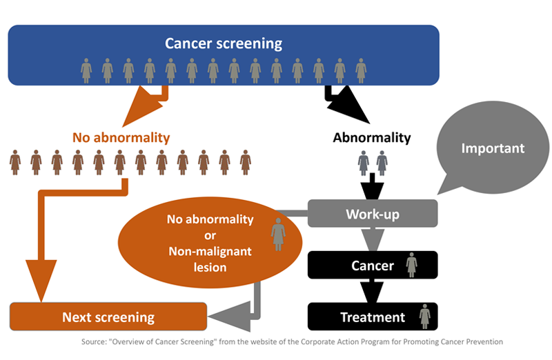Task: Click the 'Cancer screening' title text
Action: pyautogui.click(x=224, y=43)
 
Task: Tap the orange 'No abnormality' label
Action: pyautogui.click(x=121, y=137)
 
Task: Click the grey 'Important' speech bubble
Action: pyautogui.click(x=492, y=148)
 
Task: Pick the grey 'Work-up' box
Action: pyautogui.click(x=372, y=214)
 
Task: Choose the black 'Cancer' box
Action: pyautogui.click(x=372, y=266)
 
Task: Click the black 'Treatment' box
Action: pyautogui.click(x=372, y=317)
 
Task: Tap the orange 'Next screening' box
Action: pyautogui.click(x=108, y=317)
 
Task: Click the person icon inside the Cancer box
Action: pyautogui.click(x=412, y=265)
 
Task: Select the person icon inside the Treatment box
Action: pyautogui.click(x=425, y=317)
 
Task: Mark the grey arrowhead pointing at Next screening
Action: pyautogui.click(x=224, y=317)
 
